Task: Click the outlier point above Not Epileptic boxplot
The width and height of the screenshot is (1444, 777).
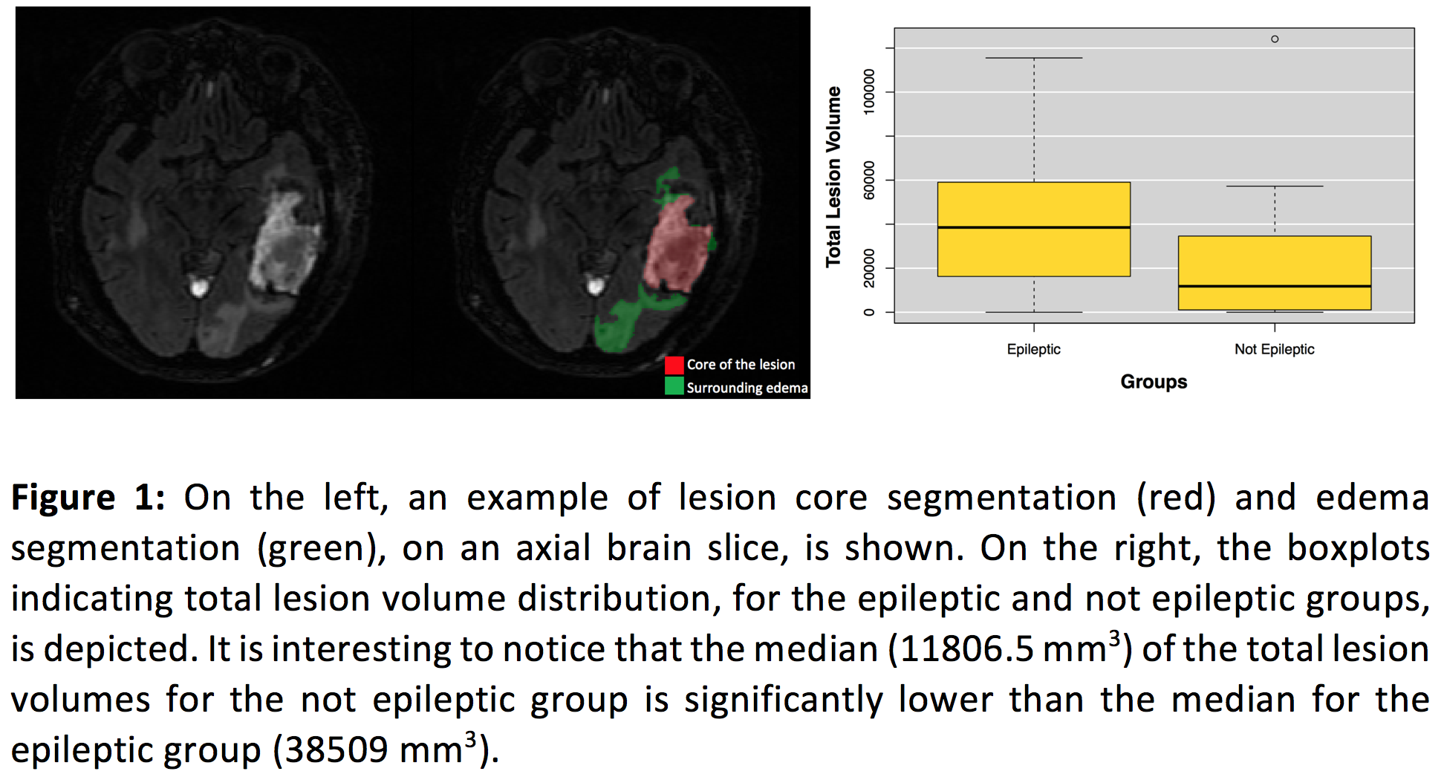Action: pyautogui.click(x=1275, y=39)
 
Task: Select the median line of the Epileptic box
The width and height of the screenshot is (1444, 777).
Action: pyautogui.click(x=1033, y=227)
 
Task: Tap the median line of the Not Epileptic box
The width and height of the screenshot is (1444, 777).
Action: pyautogui.click(x=1274, y=286)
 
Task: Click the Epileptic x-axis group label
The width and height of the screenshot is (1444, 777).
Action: pyautogui.click(x=1033, y=349)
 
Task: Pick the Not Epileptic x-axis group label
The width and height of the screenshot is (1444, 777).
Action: pyautogui.click(x=1274, y=349)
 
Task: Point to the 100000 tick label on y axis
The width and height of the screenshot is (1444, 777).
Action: pyautogui.click(x=868, y=91)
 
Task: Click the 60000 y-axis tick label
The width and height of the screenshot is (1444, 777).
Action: pyautogui.click(x=868, y=180)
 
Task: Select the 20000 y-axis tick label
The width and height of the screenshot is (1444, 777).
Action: pyautogui.click(x=868, y=268)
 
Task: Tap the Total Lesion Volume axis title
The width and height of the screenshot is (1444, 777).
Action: pyautogui.click(x=834, y=176)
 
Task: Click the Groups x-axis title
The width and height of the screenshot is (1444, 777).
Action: pyautogui.click(x=1154, y=382)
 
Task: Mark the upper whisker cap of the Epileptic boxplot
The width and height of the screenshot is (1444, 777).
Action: pyautogui.click(x=1033, y=58)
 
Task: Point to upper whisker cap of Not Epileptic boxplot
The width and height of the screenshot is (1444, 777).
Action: pyautogui.click(x=1274, y=186)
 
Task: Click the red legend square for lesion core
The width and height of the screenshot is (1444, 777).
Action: pyautogui.click(x=674, y=365)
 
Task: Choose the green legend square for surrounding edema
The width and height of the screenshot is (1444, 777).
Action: pyautogui.click(x=674, y=386)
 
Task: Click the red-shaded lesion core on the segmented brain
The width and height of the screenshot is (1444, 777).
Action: pyautogui.click(x=676, y=249)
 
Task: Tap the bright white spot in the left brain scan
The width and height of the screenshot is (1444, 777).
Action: pyautogui.click(x=198, y=286)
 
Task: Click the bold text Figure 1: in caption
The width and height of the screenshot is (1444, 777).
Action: pyautogui.click(x=88, y=498)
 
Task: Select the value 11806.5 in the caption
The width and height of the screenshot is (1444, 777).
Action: pyautogui.click(x=966, y=649)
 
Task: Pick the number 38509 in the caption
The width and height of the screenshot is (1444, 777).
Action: pyautogui.click(x=336, y=750)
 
